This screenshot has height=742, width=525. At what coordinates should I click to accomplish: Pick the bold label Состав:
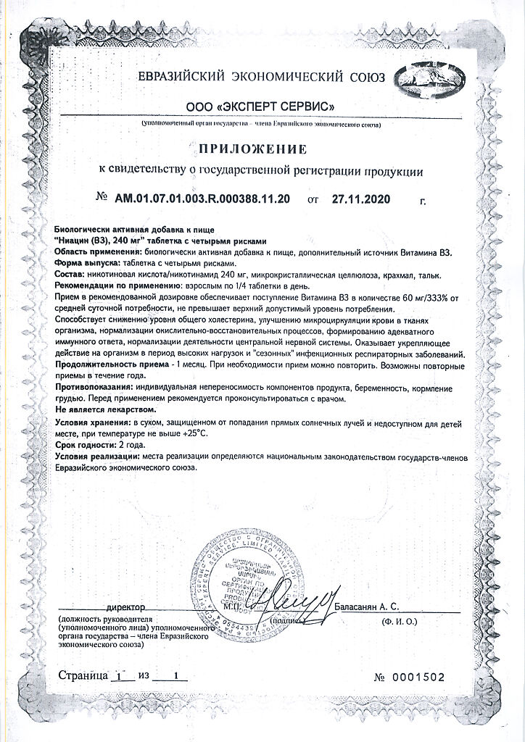coord(70,276)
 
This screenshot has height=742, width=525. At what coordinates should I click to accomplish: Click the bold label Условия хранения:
coord(92,422)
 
